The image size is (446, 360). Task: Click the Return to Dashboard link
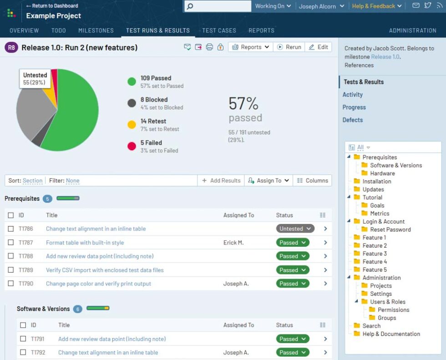click(x=52, y=6)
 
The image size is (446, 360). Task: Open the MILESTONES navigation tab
click(x=96, y=30)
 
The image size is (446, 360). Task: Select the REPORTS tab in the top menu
click(x=261, y=30)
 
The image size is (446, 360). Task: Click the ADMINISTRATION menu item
click(x=412, y=30)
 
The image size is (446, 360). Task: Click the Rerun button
click(x=289, y=47)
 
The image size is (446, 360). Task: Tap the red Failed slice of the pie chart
click(x=54, y=76)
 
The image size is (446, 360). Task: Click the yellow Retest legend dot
click(x=132, y=125)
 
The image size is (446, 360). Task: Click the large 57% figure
click(x=243, y=104)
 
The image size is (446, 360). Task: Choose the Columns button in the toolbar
click(x=312, y=181)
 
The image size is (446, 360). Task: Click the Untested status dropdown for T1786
click(x=295, y=229)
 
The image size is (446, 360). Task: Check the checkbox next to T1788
click(x=11, y=256)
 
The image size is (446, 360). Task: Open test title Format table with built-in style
click(x=85, y=243)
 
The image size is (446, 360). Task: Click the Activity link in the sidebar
click(x=353, y=95)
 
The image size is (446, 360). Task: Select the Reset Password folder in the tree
click(x=390, y=229)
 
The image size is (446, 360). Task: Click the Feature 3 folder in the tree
click(x=374, y=254)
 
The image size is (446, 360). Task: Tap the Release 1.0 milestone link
click(x=385, y=57)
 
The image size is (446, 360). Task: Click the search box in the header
click(x=218, y=6)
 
